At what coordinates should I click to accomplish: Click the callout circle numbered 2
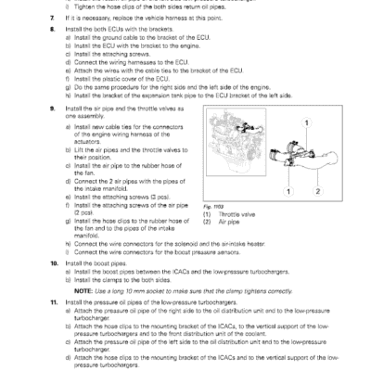[316, 190]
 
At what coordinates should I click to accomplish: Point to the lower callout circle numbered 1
[288, 190]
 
